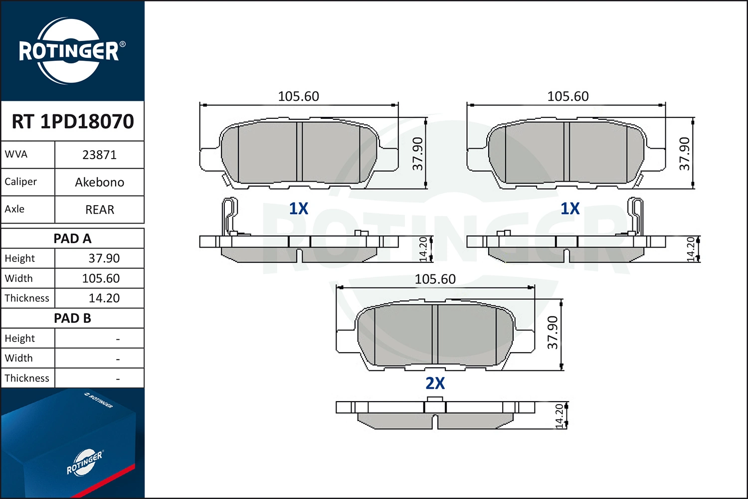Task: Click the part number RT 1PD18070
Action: click(x=72, y=121)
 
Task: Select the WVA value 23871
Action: click(x=99, y=155)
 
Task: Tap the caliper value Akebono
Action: click(x=100, y=183)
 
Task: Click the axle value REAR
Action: click(x=100, y=210)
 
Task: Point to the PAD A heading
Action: click(x=72, y=239)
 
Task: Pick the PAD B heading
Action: click(x=72, y=318)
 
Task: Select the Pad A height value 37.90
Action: click(x=104, y=258)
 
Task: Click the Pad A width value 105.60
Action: click(x=101, y=278)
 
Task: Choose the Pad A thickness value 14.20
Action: click(x=104, y=298)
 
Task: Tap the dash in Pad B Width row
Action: click(x=118, y=359)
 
